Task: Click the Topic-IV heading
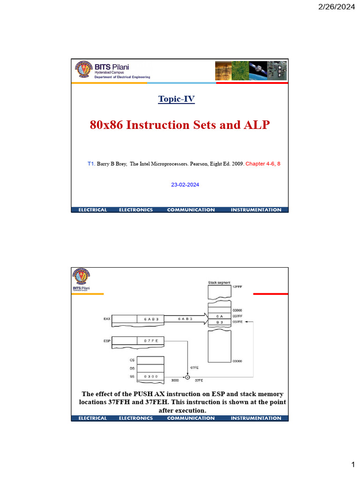pos(176,99)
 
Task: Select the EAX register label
pos(107,319)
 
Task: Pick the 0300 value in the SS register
pos(150,376)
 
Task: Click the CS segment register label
pos(131,360)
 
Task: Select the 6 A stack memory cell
pos(219,316)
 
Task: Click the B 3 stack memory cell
pos(219,322)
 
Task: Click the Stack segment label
pos(219,283)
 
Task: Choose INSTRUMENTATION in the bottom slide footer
pos(256,418)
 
